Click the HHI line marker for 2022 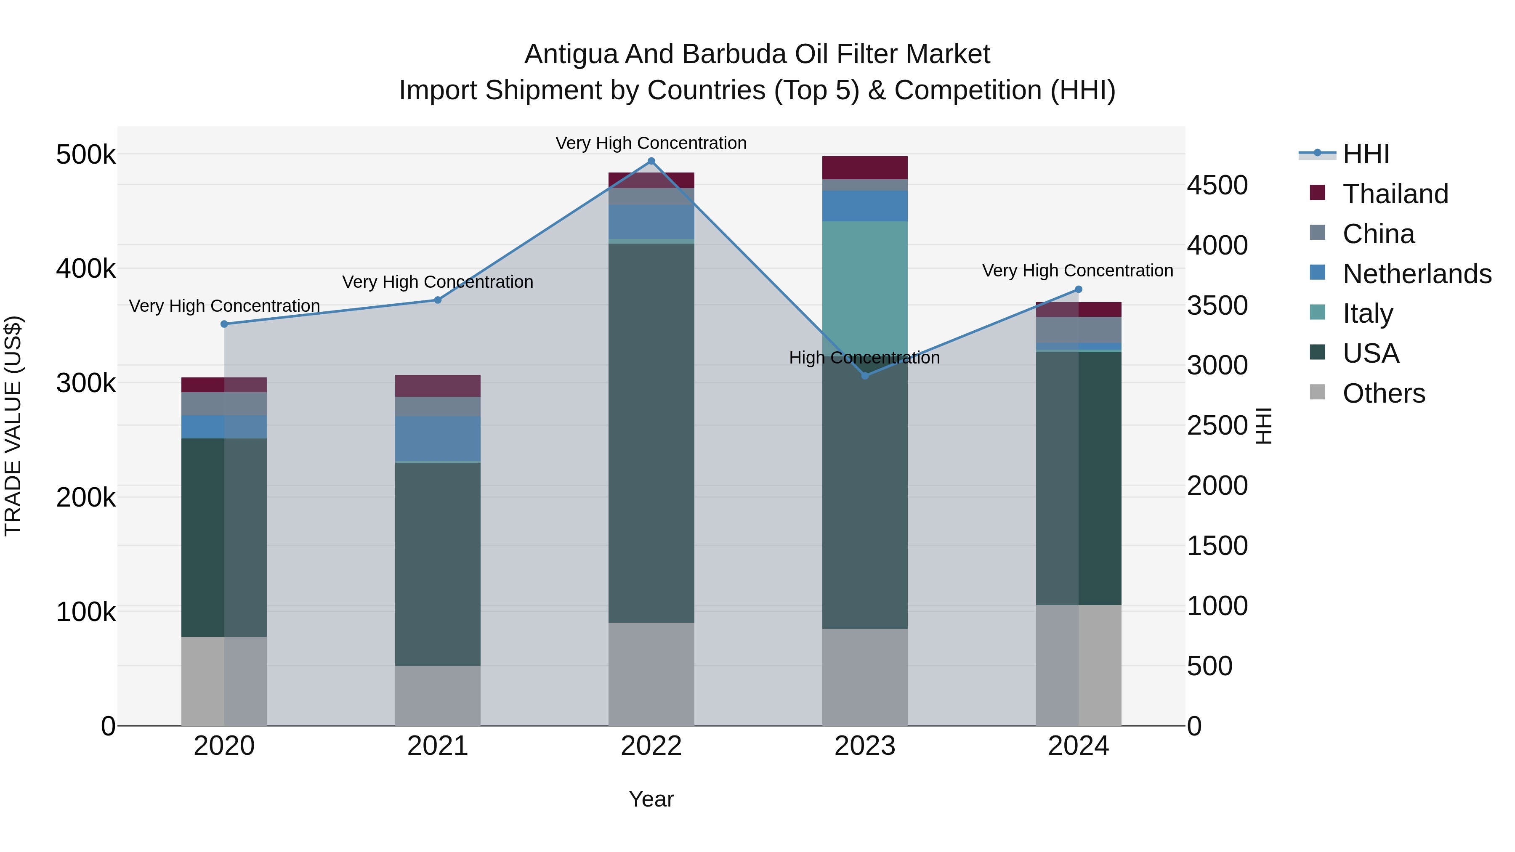coord(651,161)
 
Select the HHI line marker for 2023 coord(864,376)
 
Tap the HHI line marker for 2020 coord(224,324)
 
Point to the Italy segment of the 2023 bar coord(864,288)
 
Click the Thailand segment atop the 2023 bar coord(864,167)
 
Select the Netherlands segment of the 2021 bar coord(438,439)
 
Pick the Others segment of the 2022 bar coord(651,674)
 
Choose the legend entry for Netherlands coord(1416,274)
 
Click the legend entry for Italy coord(1367,313)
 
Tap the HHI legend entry coord(1366,154)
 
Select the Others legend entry coord(1383,393)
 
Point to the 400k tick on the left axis coord(86,269)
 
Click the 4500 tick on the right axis coord(1217,185)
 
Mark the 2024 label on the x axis coord(1078,746)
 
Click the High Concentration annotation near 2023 coord(864,358)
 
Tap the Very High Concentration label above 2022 coord(651,143)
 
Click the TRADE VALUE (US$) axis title coord(13,426)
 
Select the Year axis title coord(651,799)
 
